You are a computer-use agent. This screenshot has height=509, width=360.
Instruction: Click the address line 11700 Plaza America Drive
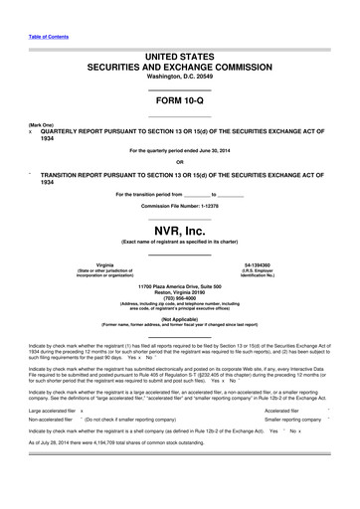point(179,284)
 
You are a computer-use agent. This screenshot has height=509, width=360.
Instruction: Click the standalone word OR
point(179,162)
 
